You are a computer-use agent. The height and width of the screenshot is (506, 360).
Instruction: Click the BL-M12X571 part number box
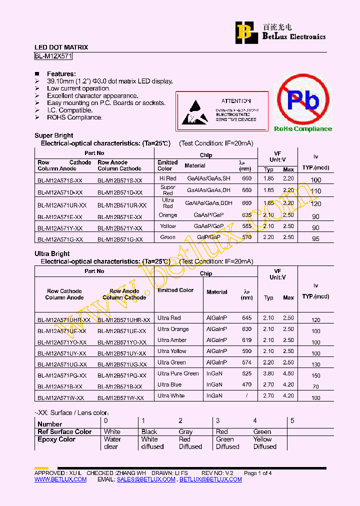click(x=54, y=56)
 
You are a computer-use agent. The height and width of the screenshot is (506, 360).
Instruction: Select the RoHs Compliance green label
click(x=302, y=129)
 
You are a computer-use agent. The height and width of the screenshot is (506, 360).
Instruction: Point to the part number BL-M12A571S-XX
click(x=60, y=179)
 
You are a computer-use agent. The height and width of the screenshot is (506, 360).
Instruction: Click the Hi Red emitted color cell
click(x=168, y=178)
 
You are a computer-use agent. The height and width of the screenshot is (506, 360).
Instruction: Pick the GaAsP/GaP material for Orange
click(x=209, y=215)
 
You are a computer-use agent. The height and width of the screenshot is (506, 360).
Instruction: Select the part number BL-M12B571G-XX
click(x=120, y=239)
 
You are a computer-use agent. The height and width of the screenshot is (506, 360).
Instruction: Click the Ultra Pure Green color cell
click(x=178, y=373)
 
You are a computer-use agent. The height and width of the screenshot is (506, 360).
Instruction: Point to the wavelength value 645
click(x=247, y=318)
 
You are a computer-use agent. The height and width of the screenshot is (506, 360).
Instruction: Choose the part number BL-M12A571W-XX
click(x=60, y=398)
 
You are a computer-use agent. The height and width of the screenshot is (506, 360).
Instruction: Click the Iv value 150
click(x=315, y=375)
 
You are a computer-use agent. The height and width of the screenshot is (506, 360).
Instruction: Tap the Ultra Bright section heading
click(x=52, y=254)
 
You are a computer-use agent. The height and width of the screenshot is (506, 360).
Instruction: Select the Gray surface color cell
click(x=185, y=431)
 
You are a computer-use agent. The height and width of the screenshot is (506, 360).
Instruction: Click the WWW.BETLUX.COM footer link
click(x=60, y=479)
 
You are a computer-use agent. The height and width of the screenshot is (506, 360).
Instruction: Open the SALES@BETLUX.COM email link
click(x=146, y=479)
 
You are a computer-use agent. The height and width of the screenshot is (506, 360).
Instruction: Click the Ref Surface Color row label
click(x=64, y=431)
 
